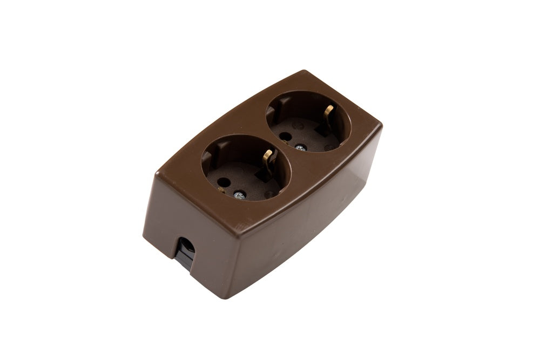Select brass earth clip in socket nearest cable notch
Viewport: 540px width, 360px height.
point(267,157)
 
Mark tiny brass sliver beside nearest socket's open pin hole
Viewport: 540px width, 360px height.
point(221,189)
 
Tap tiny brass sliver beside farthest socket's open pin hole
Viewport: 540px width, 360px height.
point(283,141)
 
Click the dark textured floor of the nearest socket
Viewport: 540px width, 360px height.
point(246,181)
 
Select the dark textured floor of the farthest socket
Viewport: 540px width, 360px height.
point(308,135)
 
